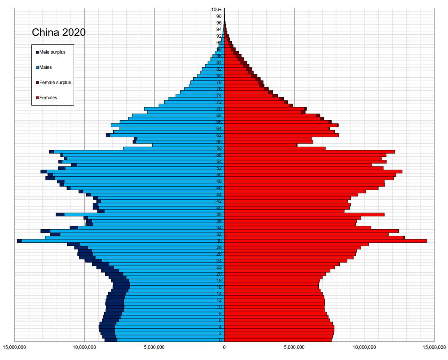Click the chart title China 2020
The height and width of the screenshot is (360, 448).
59,32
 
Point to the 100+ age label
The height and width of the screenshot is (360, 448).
216,10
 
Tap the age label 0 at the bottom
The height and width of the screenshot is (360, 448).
220,340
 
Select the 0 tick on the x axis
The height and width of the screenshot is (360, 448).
224,348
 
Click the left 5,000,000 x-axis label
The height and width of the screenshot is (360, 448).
154,348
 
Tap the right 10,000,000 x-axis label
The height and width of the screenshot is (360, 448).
364,348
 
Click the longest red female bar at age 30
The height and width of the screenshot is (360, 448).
325,241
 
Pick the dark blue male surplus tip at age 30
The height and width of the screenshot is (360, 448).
19,241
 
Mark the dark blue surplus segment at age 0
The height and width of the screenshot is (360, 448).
111,340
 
